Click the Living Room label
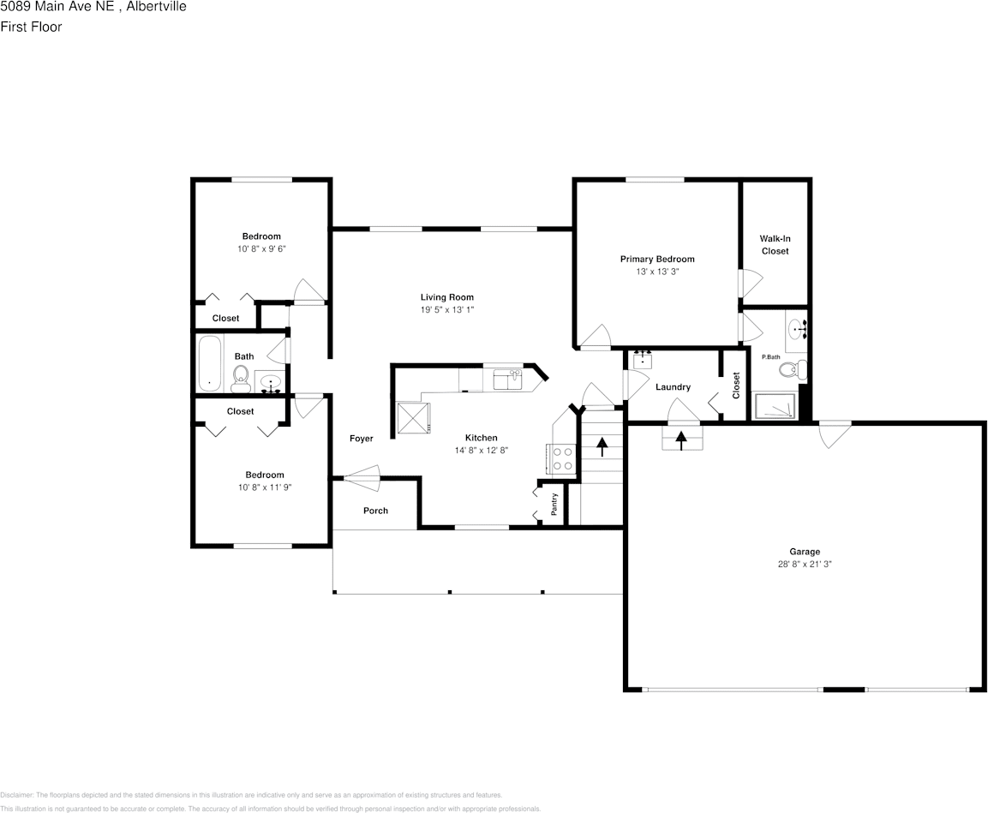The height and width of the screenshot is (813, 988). pos(446,297)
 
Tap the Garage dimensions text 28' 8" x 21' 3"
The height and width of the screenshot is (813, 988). pos(805,565)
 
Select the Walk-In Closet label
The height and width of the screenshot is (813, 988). pos(775,244)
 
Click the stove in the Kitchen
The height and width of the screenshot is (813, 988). pos(562,459)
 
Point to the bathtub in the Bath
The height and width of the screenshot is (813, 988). pos(209,363)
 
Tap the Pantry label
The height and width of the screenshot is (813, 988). pos(554,504)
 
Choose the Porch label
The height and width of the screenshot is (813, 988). pos(375,511)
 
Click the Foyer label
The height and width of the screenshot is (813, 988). pos(361,439)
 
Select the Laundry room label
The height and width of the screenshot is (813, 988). pos(673,387)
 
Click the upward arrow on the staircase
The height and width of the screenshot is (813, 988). pos(601,444)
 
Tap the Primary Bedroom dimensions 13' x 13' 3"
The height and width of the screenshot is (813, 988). pos(657,271)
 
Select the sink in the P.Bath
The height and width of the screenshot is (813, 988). pos(797,328)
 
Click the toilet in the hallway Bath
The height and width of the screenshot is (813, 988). pos(241,377)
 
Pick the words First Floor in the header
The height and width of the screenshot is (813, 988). pos(31,27)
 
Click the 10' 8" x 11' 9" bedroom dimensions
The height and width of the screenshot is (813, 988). pos(264,487)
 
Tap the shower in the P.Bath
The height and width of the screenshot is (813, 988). pos(774,406)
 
